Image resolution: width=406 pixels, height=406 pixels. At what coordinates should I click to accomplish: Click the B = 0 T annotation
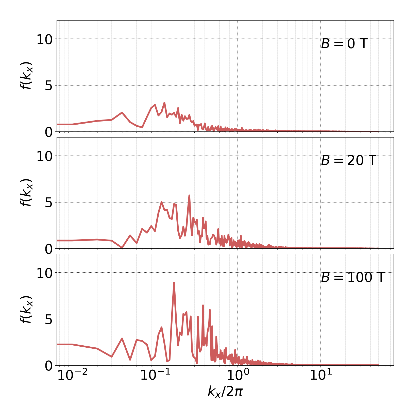(344, 44)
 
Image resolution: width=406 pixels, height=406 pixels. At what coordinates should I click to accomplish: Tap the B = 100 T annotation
(353, 277)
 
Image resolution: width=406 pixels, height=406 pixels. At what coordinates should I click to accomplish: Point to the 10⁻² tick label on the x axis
(72, 376)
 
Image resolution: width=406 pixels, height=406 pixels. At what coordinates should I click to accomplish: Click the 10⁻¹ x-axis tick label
(155, 376)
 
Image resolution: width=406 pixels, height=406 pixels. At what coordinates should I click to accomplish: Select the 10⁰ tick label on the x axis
(238, 376)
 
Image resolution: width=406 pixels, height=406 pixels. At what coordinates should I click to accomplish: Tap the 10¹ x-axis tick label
(321, 376)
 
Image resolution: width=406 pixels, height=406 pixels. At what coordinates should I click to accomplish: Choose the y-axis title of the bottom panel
(26, 309)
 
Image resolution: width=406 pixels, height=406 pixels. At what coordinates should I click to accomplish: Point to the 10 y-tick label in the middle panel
(44, 156)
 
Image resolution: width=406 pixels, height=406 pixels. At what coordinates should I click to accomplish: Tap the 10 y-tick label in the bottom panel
(44, 273)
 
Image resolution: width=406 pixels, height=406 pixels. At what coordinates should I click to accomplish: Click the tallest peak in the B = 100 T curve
(174, 282)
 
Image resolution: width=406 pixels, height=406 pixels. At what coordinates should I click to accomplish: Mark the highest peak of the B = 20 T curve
(189, 195)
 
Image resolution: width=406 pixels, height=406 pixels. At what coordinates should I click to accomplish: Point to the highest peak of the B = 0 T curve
(164, 103)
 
